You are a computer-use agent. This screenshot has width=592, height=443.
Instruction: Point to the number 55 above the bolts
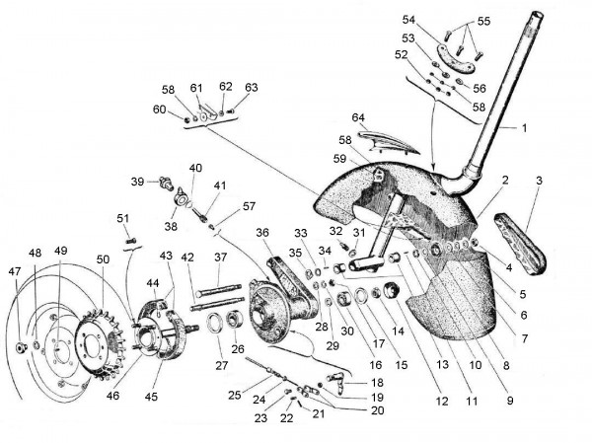[x=482, y=20]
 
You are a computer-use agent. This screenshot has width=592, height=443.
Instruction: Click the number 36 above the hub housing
[x=262, y=232]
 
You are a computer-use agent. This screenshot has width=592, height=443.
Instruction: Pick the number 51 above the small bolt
[x=123, y=218]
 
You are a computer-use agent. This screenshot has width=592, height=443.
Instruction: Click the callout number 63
[x=251, y=87]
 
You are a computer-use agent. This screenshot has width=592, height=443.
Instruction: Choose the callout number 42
[x=186, y=258]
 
